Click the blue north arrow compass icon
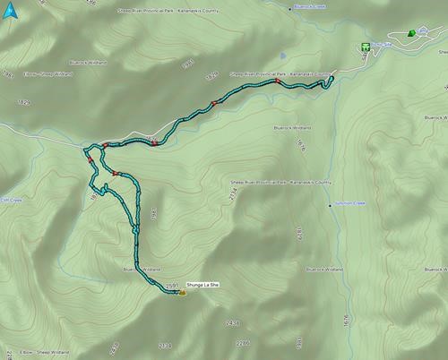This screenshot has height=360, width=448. pos(9,10)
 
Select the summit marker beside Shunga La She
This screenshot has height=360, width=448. pos(182,292)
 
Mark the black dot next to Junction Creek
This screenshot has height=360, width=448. pos(329,204)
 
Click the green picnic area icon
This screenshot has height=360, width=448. pos(366,46)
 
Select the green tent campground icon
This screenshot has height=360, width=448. pos(410,34)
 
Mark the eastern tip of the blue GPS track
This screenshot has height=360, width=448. pos(332,78)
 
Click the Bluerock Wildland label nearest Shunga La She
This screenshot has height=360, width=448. pos(141,268)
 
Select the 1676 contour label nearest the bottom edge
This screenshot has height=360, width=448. pos(345,318)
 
